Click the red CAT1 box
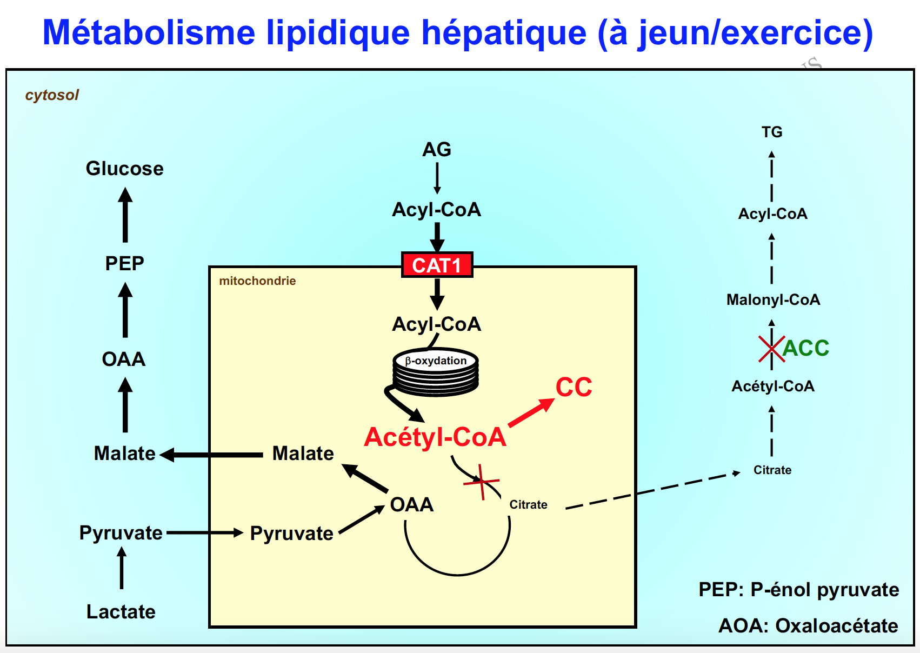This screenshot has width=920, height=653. coord(437,265)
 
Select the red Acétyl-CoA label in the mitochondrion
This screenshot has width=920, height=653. coord(435,437)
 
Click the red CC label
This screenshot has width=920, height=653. coord(574,387)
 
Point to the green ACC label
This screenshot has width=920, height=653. coord(805,348)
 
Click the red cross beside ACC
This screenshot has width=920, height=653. coord(771,349)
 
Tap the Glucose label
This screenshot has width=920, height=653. coord(124,169)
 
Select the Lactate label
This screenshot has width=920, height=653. coord(121,611)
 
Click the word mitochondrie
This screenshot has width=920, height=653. coord(257,281)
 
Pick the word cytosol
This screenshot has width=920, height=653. coord(52,95)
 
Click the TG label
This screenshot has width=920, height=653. coord(772,132)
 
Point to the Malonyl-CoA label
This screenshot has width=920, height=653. coord(773,299)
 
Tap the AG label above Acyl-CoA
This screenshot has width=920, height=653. coord(437,149)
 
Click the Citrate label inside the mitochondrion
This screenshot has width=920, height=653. coord(528,504)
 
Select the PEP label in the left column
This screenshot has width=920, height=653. coord(124,263)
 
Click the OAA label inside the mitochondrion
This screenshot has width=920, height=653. coord(412,504)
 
